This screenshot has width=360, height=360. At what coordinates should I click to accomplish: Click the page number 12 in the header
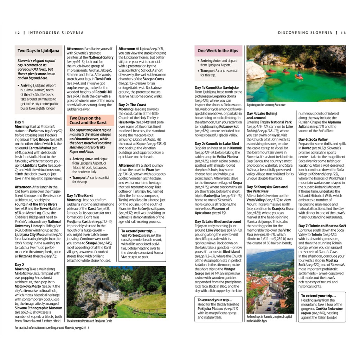coord(17,33)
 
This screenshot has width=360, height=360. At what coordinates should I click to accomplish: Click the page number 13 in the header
coord(343,33)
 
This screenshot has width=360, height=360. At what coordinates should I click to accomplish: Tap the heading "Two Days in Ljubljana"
coord(39,51)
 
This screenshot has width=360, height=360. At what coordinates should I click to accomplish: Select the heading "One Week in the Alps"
coord(218,51)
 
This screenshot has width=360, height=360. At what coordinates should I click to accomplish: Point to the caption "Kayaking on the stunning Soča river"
coord(266,105)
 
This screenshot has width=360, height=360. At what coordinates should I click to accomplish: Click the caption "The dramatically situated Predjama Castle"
coord(89,321)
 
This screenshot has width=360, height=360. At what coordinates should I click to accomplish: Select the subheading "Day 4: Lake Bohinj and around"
coord(262,116)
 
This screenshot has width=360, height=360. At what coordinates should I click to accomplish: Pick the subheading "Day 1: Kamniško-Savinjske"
coord(217,88)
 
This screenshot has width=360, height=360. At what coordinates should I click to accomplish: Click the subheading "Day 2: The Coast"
coord(132,105)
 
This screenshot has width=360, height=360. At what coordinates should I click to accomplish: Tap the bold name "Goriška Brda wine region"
coord(321,311)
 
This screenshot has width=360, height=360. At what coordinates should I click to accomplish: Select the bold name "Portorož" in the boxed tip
coord(128,235)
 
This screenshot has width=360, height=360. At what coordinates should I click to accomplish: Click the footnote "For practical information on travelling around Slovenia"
coord(52,328)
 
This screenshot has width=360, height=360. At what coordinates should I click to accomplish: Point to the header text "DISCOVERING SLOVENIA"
coord(305,33)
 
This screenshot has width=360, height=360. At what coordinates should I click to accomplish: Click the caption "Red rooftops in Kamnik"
coord(269,316)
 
